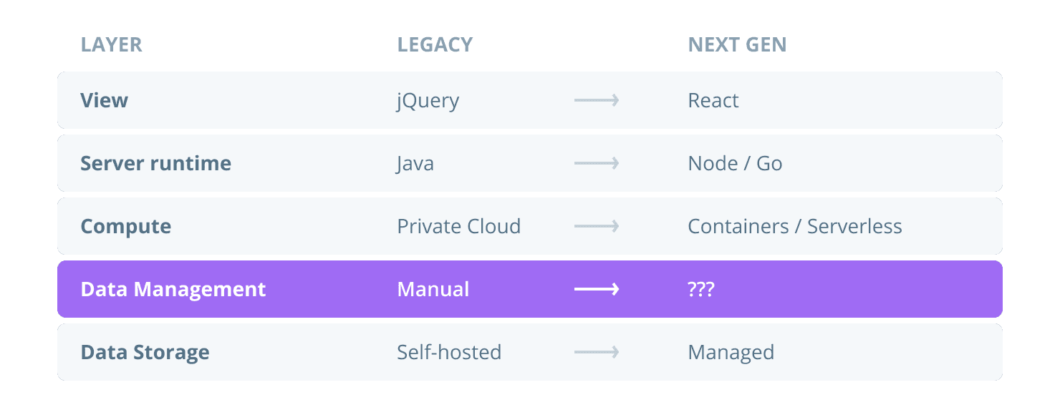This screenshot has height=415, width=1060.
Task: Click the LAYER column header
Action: pos(111,44)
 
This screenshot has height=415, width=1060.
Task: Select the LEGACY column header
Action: pos(435,44)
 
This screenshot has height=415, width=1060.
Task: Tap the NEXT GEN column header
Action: pos(737,44)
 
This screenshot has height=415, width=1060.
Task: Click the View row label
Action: pos(104,100)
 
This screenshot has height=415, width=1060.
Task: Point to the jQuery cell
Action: pos(428,101)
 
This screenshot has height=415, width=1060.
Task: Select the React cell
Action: pos(713,100)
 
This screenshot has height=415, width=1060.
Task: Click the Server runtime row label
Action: pos(155,163)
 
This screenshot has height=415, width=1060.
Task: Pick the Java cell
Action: pos(415,164)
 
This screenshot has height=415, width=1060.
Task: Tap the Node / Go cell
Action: pos(735,163)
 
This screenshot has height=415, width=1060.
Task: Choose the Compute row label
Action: pos(125,227)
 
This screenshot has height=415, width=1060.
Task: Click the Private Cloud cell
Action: pos(458,226)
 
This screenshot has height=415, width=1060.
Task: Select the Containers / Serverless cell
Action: pos(794,226)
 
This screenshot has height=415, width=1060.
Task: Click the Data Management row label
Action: pos(173,289)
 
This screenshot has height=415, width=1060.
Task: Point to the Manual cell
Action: pos(433,289)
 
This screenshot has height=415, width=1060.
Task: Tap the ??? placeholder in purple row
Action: pos(701,289)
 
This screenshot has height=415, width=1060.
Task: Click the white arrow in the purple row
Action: pos(596,289)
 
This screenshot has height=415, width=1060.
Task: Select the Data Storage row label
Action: pos(145,352)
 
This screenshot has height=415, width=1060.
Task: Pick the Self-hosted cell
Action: pos(449,352)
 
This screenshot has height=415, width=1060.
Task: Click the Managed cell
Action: pos(731,352)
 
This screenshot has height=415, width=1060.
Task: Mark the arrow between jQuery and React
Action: pos(596,100)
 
